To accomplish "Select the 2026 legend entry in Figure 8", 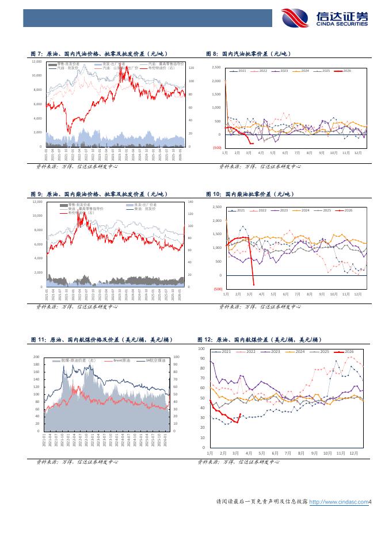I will pos(345,71).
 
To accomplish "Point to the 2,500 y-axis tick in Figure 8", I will pos(216,67).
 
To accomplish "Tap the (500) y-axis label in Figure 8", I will pos(216,148).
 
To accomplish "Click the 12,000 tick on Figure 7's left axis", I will pos(37,61).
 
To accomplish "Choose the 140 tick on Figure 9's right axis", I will pos(191,202).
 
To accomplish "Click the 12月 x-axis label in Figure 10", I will pos(357,294).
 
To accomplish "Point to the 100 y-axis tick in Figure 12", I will pos(201,349).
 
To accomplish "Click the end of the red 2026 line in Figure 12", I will pos(240,414).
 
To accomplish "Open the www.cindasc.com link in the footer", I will pos(338,502).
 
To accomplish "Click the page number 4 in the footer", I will pos(371,502).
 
